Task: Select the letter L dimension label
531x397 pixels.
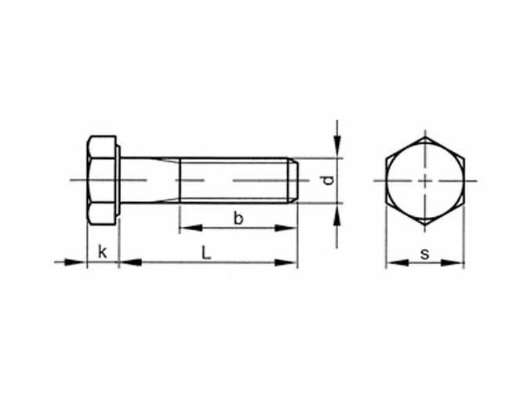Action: point(205,251)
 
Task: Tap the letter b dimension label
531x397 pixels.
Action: point(238,218)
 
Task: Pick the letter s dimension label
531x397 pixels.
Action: point(424,252)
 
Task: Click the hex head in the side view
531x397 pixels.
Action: point(102,181)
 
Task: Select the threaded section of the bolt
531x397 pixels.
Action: point(235,181)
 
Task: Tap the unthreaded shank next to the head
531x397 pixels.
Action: point(149,181)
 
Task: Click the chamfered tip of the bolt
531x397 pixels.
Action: point(293,181)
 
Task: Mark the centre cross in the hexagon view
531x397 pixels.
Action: point(424,181)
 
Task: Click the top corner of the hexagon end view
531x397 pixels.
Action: point(424,137)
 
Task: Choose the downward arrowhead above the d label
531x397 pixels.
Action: point(337,150)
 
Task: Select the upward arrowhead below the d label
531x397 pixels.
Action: point(337,212)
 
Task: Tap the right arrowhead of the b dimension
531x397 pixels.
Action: point(290,229)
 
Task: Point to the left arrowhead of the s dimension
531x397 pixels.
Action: point(391,262)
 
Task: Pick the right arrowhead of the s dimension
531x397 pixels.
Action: point(458,262)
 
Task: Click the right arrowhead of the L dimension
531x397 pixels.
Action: point(290,262)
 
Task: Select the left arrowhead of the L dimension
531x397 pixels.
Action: point(126,262)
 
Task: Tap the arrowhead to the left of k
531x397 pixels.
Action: point(78,262)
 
